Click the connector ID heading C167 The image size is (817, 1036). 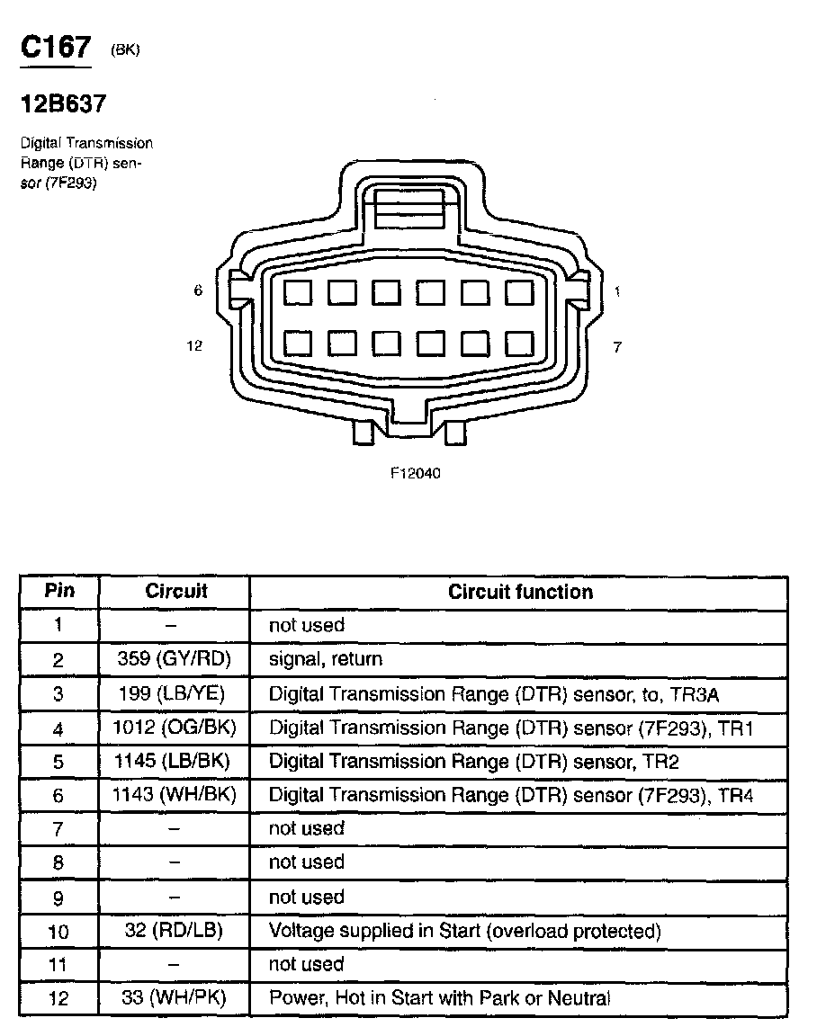(56, 49)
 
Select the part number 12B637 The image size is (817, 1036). (63, 104)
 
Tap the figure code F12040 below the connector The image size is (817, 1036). (415, 474)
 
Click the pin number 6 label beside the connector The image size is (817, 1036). (198, 290)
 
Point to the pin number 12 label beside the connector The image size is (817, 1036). (194, 346)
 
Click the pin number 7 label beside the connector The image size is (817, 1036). (617, 346)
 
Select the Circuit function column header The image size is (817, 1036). (520, 592)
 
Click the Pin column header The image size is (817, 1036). (59, 591)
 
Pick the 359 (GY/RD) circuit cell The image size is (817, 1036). (175, 659)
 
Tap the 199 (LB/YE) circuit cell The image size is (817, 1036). (175, 693)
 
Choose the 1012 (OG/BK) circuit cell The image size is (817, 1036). (175, 727)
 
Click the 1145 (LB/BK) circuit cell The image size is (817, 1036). (175, 761)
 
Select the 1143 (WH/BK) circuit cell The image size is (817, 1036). (175, 795)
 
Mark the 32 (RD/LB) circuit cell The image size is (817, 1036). (175, 931)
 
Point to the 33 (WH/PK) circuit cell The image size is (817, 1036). (175, 997)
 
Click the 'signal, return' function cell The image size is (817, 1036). (326, 659)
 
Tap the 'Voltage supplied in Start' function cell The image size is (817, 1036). (464, 931)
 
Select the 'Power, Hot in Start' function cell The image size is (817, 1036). (439, 997)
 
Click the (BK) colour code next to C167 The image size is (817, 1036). (125, 51)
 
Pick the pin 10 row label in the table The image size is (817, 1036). (58, 931)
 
